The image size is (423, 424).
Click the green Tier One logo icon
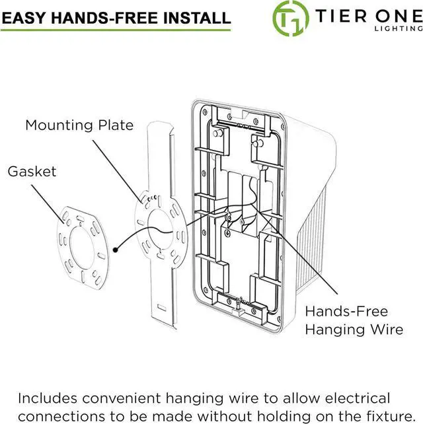291,17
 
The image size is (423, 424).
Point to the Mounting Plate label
79,125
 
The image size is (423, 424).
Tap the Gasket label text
32,171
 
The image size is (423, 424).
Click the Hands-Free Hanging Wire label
354,320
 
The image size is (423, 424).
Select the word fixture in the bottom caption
379,416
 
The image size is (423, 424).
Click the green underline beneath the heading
116,30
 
